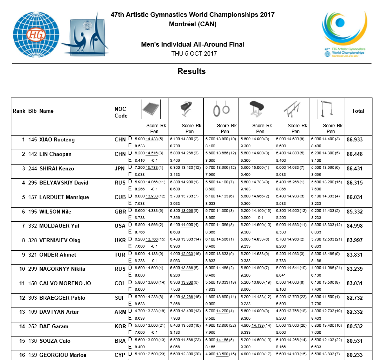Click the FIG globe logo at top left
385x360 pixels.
pyautogui.click(x=36, y=34)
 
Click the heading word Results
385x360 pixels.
pyautogui.click(x=192, y=71)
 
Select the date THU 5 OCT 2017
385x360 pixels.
pyautogui.click(x=194, y=54)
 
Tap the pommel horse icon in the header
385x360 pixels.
pyautogui.click(x=186, y=109)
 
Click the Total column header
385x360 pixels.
pyautogui.click(x=358, y=111)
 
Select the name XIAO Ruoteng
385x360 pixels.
pyautogui.click(x=57, y=140)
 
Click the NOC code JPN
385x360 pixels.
pyautogui.click(x=120, y=169)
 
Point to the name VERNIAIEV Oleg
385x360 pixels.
pyautogui.click(x=60, y=240)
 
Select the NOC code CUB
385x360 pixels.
pyautogui.click(x=120, y=197)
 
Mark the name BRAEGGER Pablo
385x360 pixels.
pyautogui.click(x=59, y=298)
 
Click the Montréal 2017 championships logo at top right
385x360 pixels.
pyautogui.click(x=344, y=33)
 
